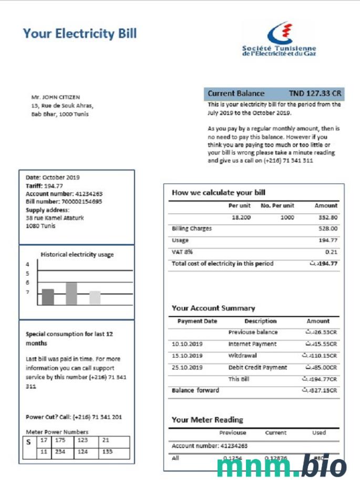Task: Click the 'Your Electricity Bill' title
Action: (79, 34)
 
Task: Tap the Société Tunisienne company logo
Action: (279, 39)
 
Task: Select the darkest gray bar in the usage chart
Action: (48, 297)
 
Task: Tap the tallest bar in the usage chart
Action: (71, 293)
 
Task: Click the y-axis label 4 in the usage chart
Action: (28, 264)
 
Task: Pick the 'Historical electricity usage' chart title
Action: (77, 254)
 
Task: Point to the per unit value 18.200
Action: (241, 217)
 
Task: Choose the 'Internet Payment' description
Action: (252, 344)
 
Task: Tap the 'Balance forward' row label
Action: (196, 391)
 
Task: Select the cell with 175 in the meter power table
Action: (62, 441)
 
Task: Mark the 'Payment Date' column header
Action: (197, 321)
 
